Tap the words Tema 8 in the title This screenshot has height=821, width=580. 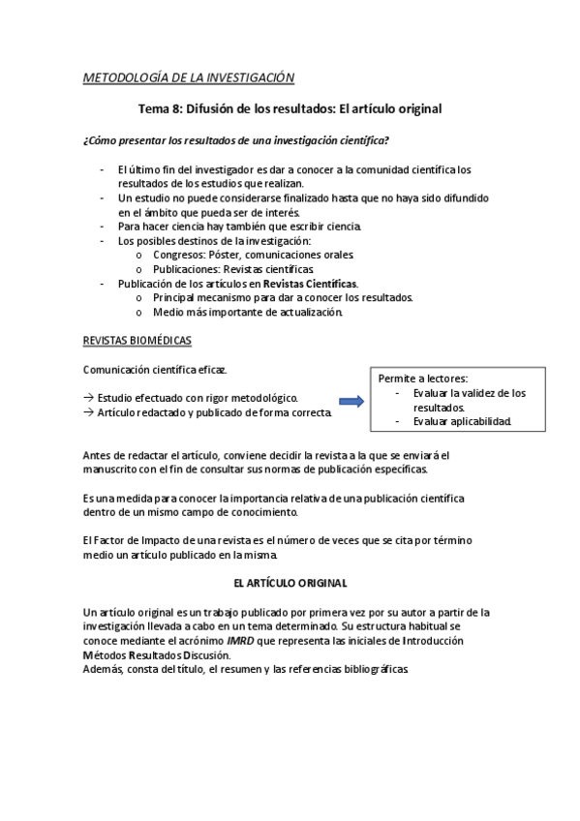162,109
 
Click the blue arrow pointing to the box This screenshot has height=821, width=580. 350,401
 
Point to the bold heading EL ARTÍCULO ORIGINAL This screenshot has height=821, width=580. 290,584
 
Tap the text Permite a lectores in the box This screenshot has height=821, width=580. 423,379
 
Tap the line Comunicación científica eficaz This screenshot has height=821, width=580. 156,370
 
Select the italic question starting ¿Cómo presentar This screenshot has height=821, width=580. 237,140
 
